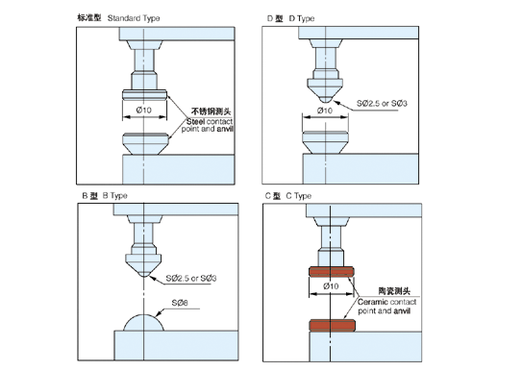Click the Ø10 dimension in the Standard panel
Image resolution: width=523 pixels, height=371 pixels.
point(143,111)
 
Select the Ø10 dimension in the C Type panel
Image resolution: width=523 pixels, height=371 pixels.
point(330,286)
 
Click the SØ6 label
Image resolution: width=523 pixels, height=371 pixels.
point(180,303)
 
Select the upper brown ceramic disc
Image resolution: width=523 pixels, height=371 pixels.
point(330,271)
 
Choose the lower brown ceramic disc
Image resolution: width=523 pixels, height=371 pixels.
point(330,324)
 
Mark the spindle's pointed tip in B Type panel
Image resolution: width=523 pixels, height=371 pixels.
point(144,276)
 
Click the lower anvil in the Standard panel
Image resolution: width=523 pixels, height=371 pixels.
point(143,144)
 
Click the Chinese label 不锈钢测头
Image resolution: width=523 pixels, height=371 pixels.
point(211,111)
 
